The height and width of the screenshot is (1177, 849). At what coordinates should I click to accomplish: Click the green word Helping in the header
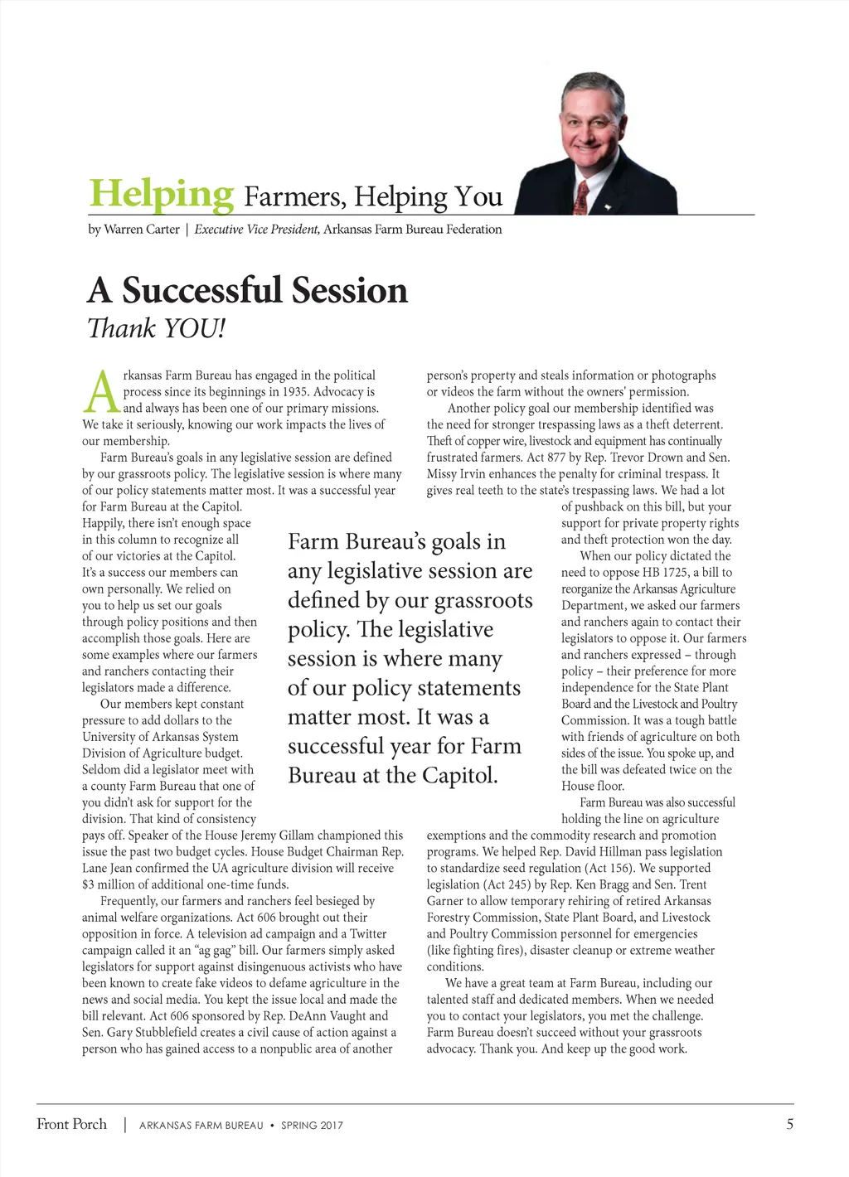[x=162, y=195]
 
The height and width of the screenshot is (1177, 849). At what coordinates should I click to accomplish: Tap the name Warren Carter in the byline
[x=141, y=230]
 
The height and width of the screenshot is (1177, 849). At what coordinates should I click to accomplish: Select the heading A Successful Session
[x=247, y=291]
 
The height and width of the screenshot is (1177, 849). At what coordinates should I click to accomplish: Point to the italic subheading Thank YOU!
[x=156, y=328]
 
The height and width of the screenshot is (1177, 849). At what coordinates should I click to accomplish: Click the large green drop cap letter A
[x=101, y=393]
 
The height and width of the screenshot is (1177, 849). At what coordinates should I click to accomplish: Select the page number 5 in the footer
[x=789, y=1124]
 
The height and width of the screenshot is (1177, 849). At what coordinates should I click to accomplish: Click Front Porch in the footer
[x=72, y=1124]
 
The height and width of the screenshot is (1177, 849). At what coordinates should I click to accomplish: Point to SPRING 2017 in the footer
[x=312, y=1126]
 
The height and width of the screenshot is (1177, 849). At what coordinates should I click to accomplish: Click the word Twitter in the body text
[x=368, y=934]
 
